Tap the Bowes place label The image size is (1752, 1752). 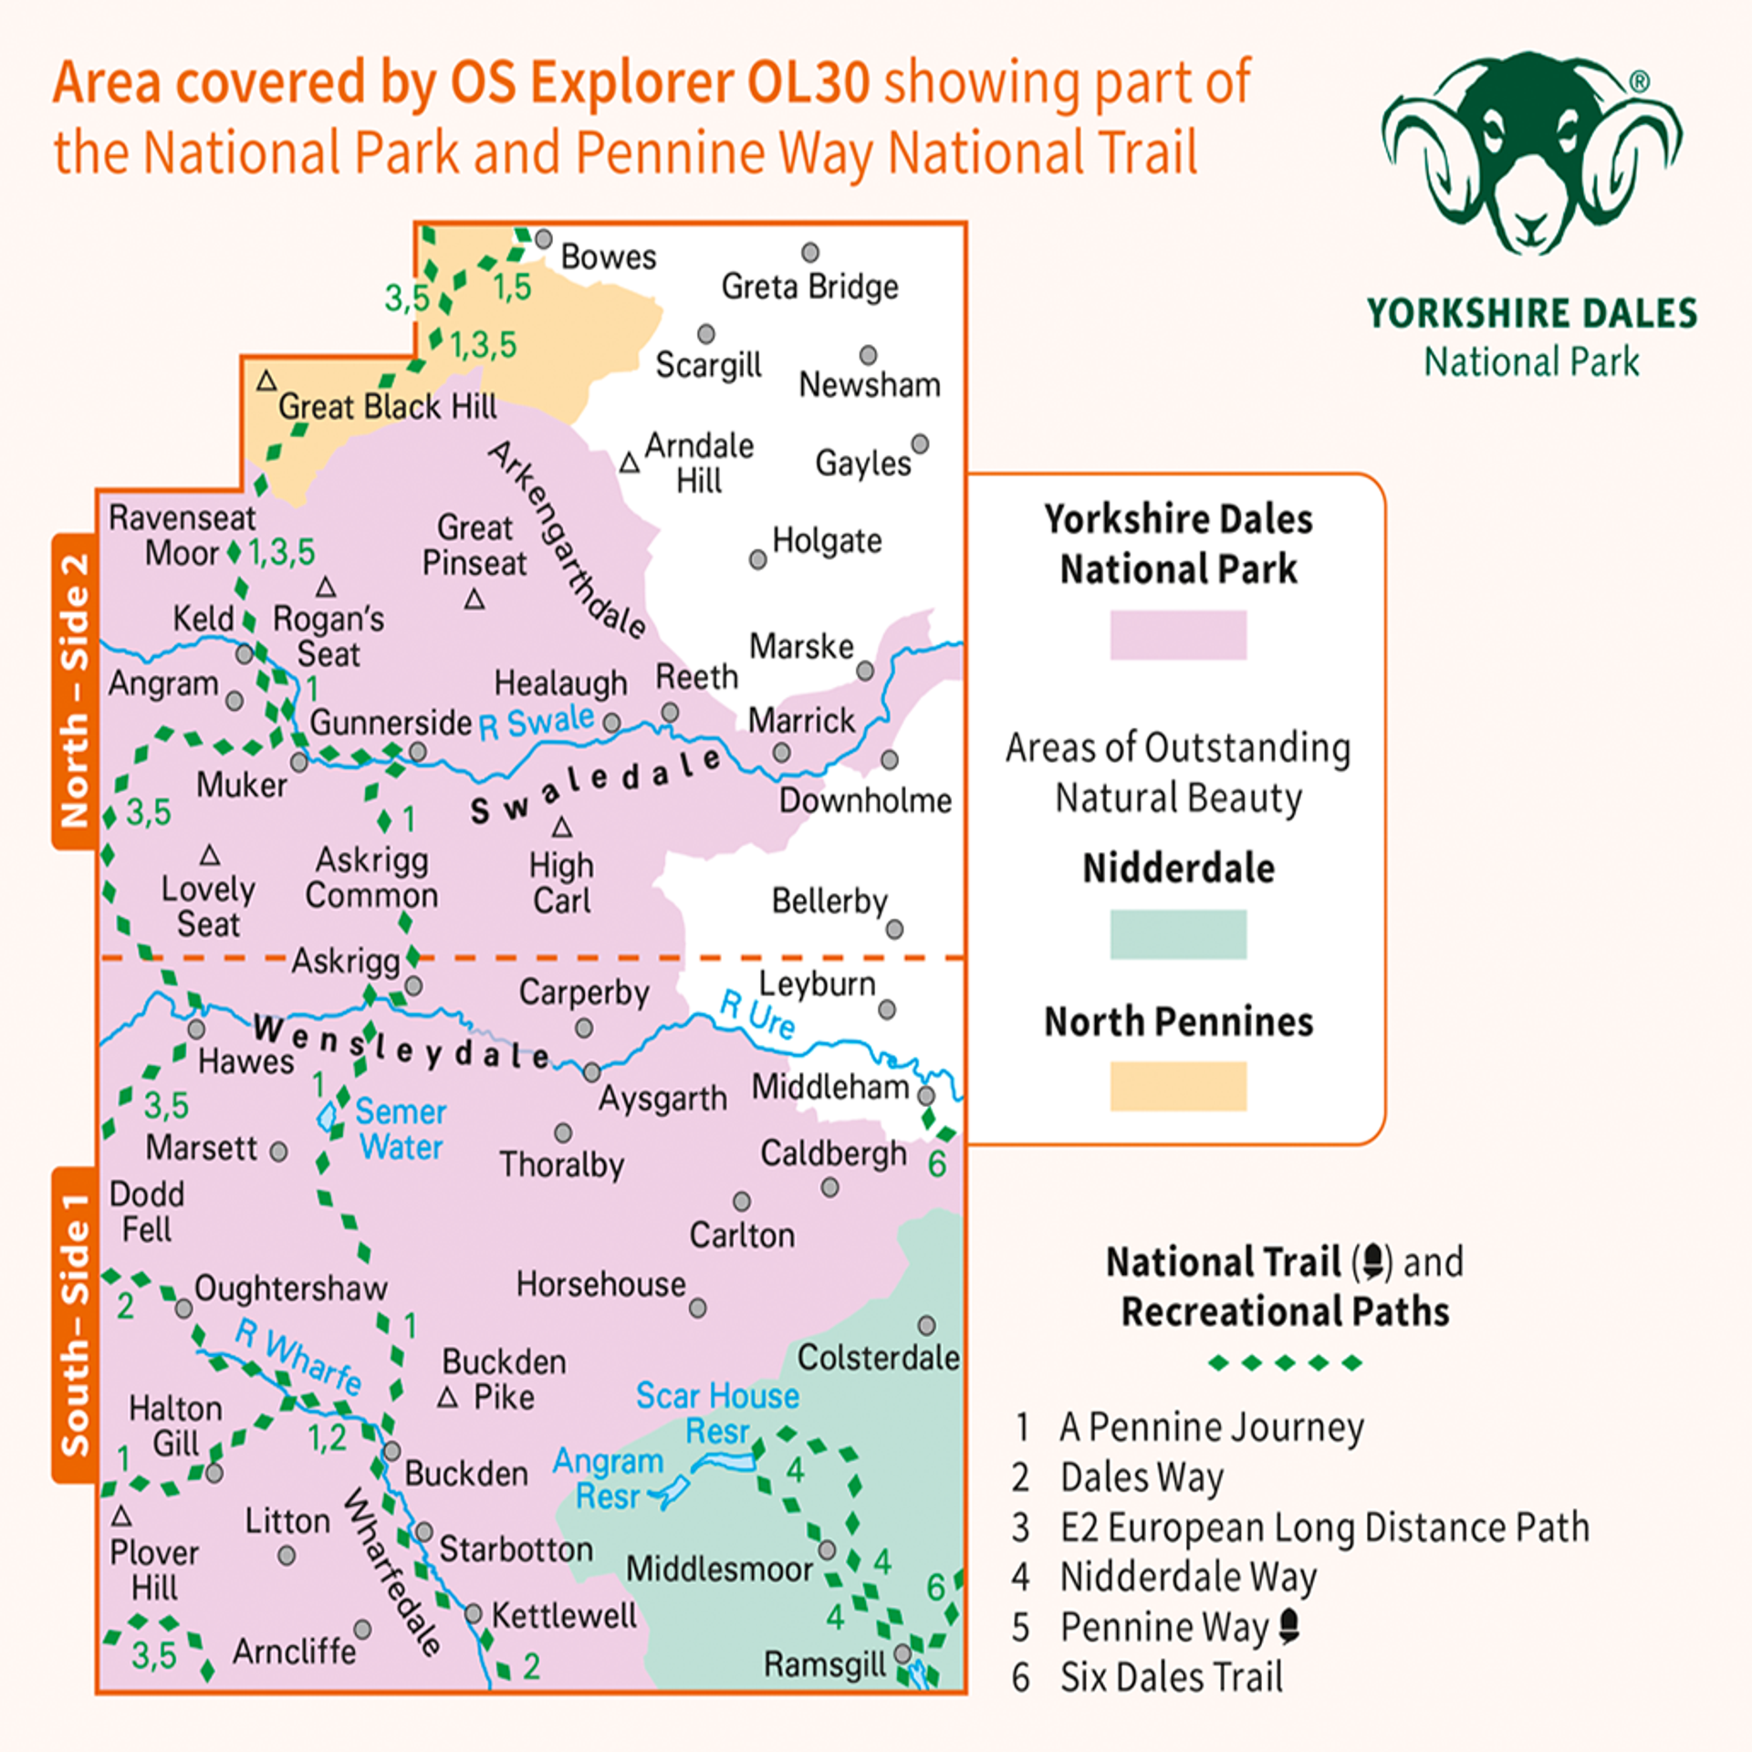pos(608,257)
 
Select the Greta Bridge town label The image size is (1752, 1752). pos(809,287)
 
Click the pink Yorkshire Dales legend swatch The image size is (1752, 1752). pos(1177,635)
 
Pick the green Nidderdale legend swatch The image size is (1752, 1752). pos(1177,933)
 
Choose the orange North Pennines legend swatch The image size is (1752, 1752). pos(1177,1086)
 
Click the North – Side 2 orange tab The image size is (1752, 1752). pos(75,691)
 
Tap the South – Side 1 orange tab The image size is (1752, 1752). pos(75,1324)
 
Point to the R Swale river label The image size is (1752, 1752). pos(536,723)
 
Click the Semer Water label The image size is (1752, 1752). pos(401,1130)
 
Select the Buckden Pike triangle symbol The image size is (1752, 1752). pos(447,1398)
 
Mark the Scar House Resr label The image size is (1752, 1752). pos(717,1413)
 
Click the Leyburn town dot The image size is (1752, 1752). pos(886,1009)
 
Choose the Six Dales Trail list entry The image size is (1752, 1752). pos(1171,1677)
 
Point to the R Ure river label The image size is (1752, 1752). pos(757,1014)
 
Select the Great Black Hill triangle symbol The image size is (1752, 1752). pos(266,381)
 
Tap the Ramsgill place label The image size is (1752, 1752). pos(824,1663)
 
